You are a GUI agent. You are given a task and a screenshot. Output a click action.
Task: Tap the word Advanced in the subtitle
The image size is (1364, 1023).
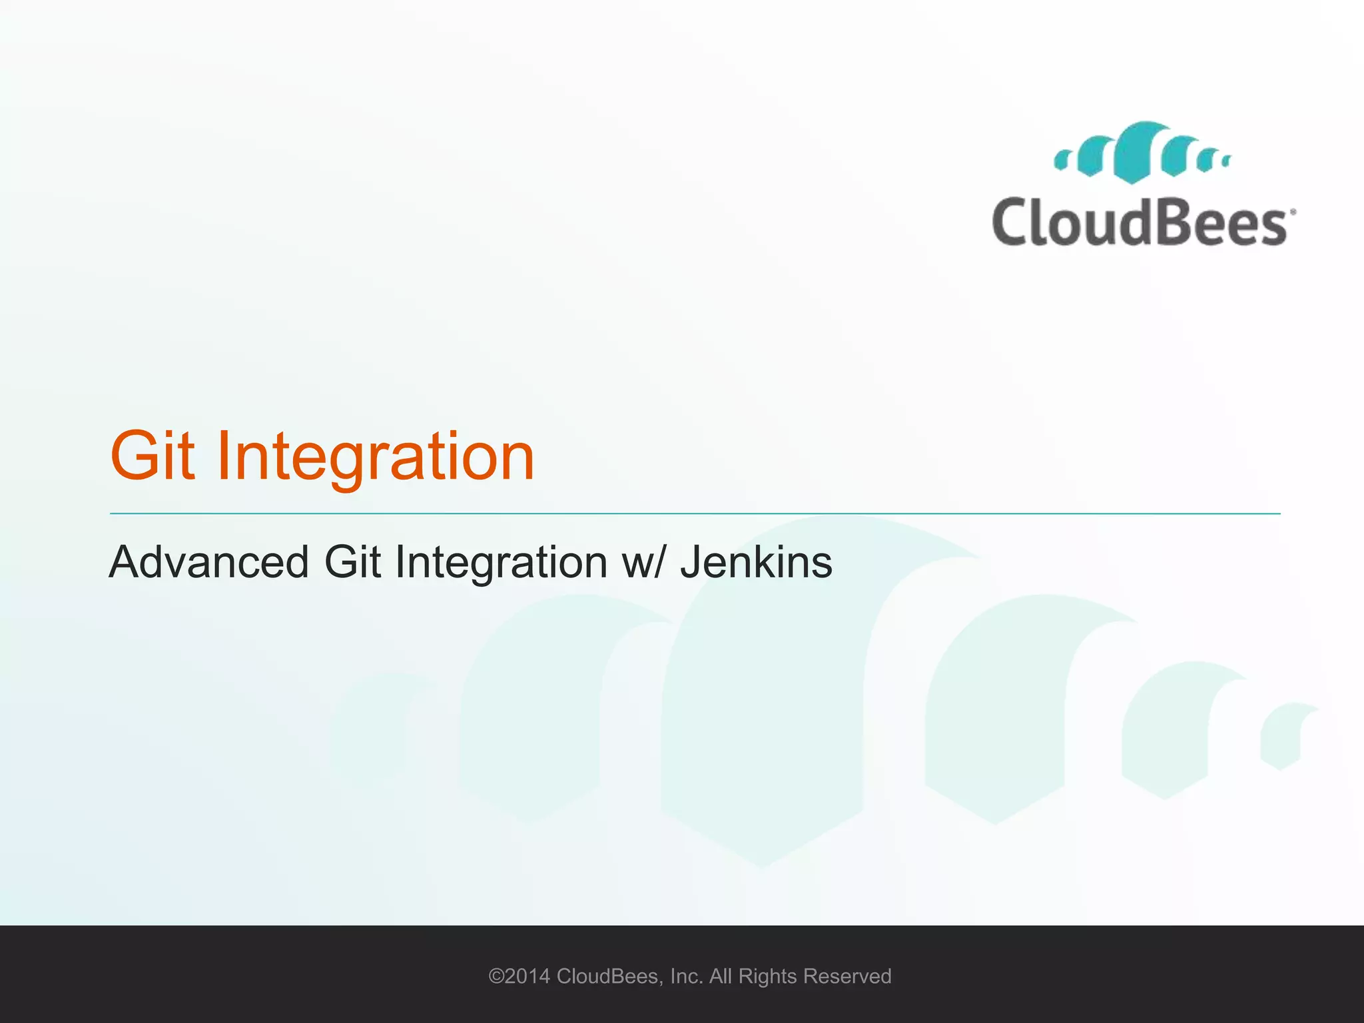click(x=208, y=562)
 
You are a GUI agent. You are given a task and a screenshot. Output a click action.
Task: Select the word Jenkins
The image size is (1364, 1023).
click(x=756, y=562)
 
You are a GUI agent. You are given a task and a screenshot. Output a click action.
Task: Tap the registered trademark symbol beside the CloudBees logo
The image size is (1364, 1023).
click(x=1293, y=212)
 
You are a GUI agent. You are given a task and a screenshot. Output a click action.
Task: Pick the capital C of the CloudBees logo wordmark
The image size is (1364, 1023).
click(x=1010, y=222)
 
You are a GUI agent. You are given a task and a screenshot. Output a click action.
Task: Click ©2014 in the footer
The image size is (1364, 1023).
click(x=519, y=976)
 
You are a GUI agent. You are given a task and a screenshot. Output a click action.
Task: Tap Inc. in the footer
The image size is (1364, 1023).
click(x=687, y=976)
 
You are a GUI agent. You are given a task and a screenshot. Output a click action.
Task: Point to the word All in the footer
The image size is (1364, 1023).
click(x=721, y=976)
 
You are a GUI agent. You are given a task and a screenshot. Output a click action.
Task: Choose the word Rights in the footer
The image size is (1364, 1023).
click(x=768, y=976)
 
